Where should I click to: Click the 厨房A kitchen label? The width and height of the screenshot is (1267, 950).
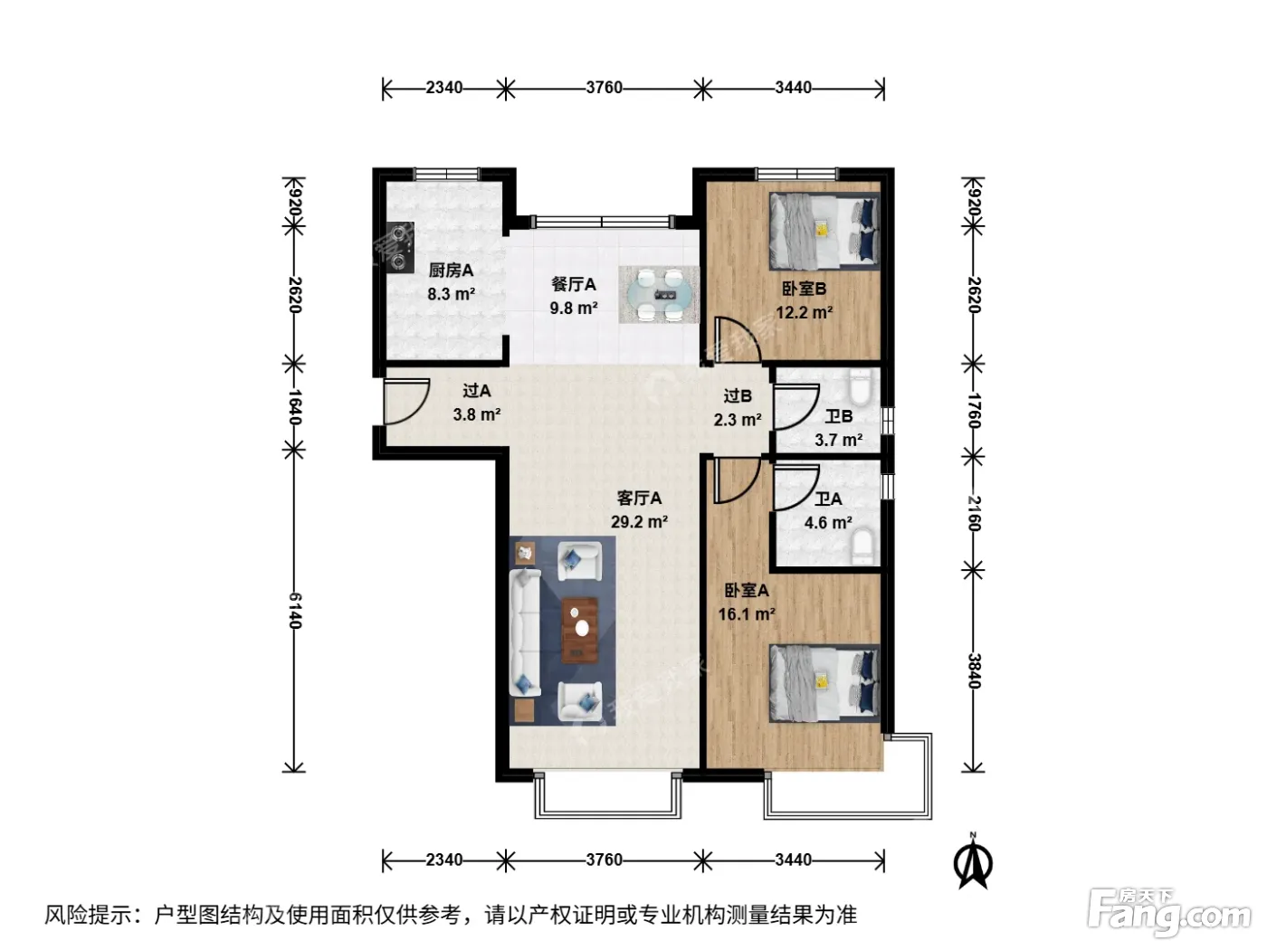click(450, 270)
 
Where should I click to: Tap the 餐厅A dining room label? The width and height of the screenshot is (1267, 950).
click(573, 284)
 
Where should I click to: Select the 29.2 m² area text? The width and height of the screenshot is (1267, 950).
click(639, 521)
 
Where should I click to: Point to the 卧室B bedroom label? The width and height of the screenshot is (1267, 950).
click(804, 289)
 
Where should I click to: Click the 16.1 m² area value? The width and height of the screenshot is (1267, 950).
click(747, 613)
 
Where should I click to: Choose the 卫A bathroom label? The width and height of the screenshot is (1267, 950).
click(828, 499)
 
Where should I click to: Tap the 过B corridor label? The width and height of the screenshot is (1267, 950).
click(738, 395)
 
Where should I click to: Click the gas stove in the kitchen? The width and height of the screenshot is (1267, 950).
click(400, 247)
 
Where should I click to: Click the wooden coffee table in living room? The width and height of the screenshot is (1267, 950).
click(579, 630)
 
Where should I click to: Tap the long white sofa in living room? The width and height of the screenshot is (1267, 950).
click(525, 632)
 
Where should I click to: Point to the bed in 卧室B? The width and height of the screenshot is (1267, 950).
click(824, 231)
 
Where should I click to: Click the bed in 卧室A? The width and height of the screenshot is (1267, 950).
click(824, 683)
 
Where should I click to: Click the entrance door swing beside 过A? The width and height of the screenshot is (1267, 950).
click(406, 402)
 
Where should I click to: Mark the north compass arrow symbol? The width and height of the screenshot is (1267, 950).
click(973, 861)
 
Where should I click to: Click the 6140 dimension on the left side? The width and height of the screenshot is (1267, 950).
click(294, 610)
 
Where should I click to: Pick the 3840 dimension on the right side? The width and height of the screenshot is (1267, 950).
click(973, 670)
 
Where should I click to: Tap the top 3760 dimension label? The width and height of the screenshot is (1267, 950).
click(604, 88)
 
